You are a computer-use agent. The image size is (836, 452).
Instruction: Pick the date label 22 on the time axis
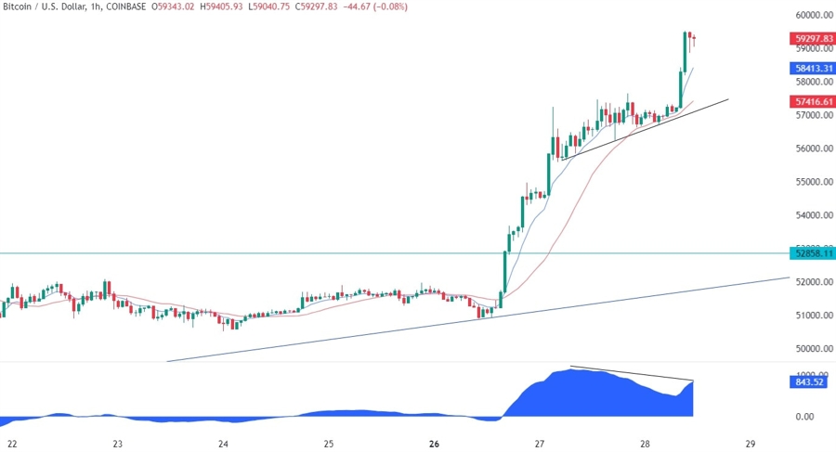coord(11,444)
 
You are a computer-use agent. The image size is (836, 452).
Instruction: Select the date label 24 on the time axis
coord(224,444)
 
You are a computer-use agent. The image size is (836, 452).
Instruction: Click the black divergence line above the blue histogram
coord(632,373)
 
